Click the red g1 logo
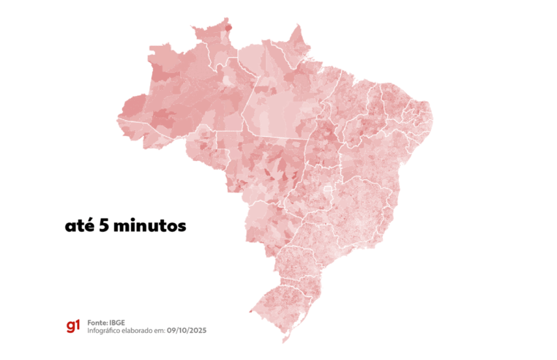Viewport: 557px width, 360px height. coord(72,326)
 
